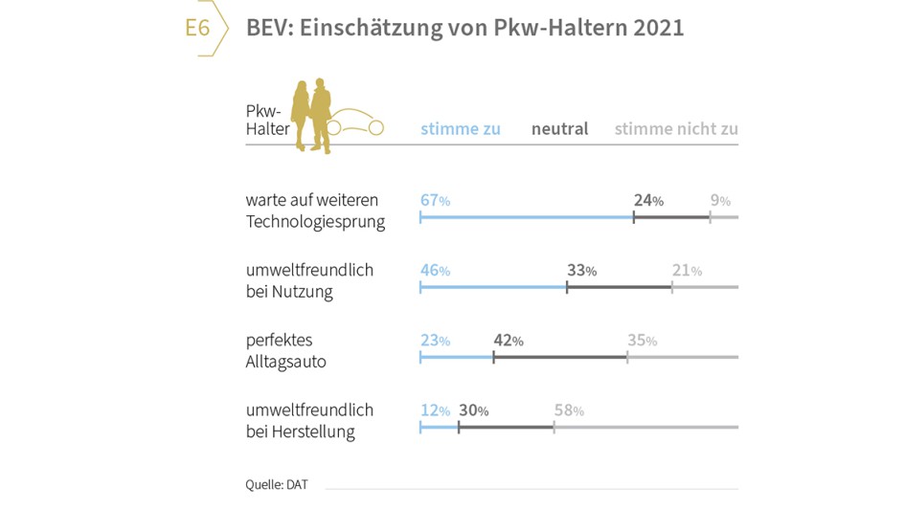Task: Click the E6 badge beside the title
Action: tap(198, 28)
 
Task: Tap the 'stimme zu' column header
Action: tap(461, 129)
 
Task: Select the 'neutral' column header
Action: tap(559, 129)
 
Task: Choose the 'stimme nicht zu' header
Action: tap(676, 129)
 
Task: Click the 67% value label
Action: tap(435, 200)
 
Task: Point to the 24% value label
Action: tap(648, 200)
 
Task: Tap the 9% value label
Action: tap(720, 200)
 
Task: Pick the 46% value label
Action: tap(435, 270)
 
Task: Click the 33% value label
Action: tap(581, 270)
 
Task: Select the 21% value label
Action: tap(687, 270)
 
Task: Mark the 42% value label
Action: tap(509, 341)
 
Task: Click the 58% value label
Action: tap(569, 410)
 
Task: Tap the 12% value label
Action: tap(435, 410)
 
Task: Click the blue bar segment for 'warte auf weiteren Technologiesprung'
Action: tap(527, 217)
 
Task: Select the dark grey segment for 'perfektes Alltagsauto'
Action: tap(560, 357)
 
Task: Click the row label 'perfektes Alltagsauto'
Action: tap(286, 351)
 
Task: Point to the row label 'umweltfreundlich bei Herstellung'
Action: tap(309, 421)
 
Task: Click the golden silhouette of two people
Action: tap(313, 116)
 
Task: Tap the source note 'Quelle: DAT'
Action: tap(277, 484)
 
